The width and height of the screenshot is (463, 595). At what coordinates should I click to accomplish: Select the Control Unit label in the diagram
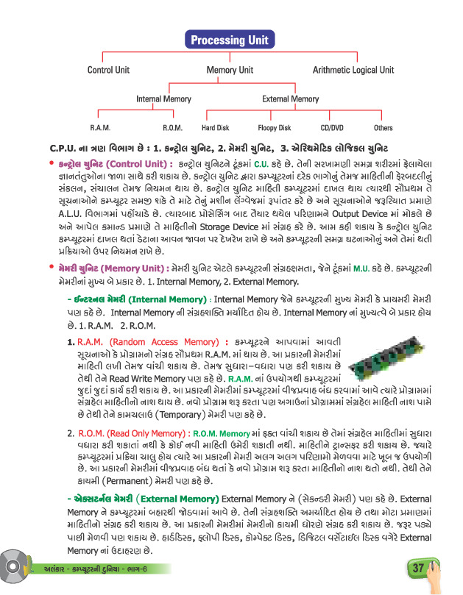108,71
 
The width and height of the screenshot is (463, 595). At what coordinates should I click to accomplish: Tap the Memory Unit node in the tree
230,71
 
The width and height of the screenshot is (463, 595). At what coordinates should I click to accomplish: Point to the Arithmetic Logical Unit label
354,71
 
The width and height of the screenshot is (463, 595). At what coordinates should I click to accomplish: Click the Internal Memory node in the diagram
163,99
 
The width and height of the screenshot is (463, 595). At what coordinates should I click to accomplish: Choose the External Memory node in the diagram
290,99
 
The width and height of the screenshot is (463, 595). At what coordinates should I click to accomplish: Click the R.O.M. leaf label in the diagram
172,128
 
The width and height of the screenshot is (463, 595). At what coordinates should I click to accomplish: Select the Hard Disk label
216,128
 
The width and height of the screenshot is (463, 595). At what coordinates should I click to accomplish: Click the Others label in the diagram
383,128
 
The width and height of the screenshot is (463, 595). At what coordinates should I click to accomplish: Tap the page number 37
418,569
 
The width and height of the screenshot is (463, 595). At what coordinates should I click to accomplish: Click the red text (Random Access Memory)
177,343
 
